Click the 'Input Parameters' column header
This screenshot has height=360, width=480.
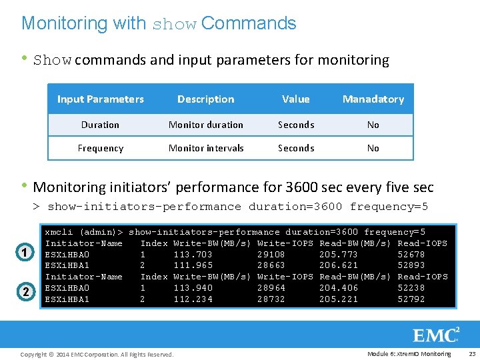tap(101, 99)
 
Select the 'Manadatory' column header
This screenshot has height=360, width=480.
tap(373, 99)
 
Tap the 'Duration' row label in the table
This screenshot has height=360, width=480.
tap(100, 125)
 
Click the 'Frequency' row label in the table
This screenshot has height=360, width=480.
tap(100, 148)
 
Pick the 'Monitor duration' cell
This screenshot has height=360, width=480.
tap(205, 125)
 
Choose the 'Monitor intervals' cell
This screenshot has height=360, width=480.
tap(205, 148)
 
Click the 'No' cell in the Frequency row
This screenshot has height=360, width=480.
tap(373, 148)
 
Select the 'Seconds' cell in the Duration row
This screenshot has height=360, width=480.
tap(295, 125)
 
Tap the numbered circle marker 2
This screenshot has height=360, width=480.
tap(24, 291)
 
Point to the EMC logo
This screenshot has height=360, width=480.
tap(436, 335)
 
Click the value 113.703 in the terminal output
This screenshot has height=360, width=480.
tap(193, 254)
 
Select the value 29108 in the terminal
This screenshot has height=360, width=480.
tap(271, 254)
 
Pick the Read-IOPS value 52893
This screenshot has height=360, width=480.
tap(411, 265)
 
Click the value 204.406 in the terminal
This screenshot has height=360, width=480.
tap(339, 288)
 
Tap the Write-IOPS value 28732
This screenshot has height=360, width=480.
tap(271, 299)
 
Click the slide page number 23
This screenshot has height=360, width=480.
tap(471, 353)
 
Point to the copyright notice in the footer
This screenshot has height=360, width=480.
tap(97, 354)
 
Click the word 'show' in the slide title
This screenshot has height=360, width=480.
tap(175, 25)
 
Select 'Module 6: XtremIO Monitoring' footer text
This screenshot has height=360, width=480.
tap(409, 353)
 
